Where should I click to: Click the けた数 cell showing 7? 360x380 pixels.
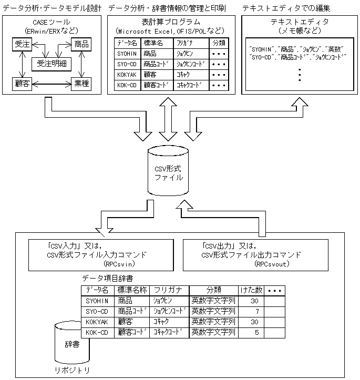[256, 311]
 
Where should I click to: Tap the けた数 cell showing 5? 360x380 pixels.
[256, 332]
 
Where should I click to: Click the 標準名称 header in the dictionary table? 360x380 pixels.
[131, 290]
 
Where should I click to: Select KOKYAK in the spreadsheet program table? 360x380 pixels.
[127, 75]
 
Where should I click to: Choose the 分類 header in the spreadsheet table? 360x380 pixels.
[218, 43]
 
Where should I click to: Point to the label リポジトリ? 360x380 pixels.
[72, 370]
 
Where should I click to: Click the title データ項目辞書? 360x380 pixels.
[107, 277]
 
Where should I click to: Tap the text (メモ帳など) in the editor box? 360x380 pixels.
[299, 31]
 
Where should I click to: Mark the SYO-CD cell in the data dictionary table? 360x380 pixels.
[97, 311]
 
